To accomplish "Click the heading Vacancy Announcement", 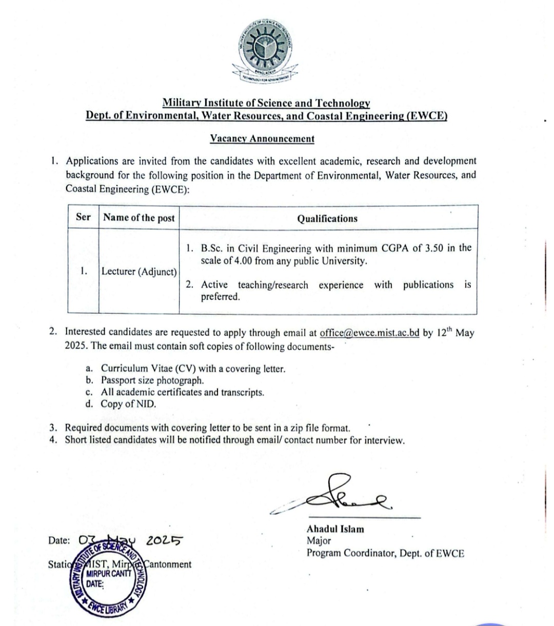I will point(262,138).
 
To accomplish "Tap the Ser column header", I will point(83,217).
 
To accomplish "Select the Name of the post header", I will point(139,217).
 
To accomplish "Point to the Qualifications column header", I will point(327,218).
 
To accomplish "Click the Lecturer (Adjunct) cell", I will point(139,272).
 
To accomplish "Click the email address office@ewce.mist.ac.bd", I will point(369,333).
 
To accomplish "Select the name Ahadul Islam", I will point(335,529).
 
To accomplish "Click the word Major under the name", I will point(319,540).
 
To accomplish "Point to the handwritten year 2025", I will point(164,540).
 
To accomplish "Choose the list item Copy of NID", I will point(128,404).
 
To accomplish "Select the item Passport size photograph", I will point(152,380).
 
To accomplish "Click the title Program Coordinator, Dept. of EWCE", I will point(385,553).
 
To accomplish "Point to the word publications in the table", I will point(428,285).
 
